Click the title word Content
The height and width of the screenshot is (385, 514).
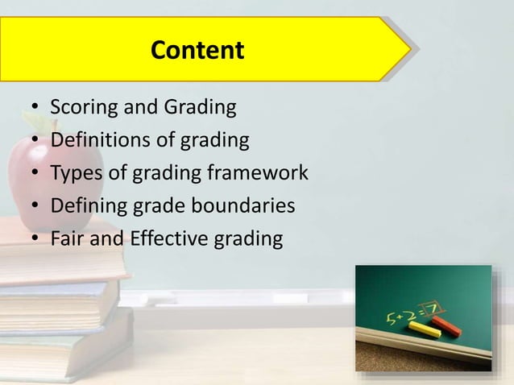point(197,51)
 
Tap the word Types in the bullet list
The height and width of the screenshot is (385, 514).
point(73,173)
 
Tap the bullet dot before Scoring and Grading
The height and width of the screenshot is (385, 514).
point(36,108)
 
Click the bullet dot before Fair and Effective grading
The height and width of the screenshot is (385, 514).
point(36,240)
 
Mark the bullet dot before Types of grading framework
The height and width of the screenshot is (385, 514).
point(36,174)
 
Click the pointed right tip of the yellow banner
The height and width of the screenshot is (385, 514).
point(410,50)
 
